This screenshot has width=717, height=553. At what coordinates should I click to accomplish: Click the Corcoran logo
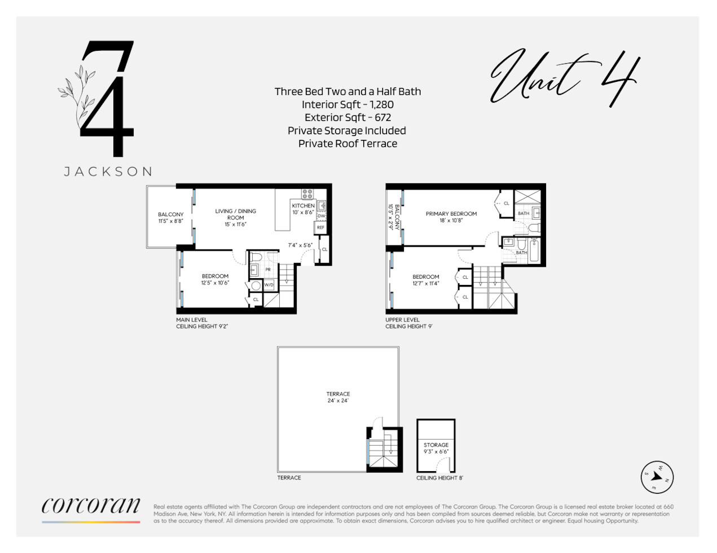pos(91,506)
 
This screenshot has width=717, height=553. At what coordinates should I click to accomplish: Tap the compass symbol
pos(657,477)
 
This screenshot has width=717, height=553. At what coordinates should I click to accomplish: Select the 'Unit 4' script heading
pos(564,79)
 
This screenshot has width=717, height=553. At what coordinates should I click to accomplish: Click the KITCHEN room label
pos(303,206)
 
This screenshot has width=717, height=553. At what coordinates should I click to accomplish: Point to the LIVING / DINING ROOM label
pos(235,214)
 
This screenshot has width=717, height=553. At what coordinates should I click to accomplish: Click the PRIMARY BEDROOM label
pos(451,214)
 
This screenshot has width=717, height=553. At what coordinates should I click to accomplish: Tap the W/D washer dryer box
pos(269,285)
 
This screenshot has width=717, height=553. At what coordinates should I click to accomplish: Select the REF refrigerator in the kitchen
pos(320,227)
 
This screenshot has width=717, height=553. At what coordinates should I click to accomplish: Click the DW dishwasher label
pos(321,216)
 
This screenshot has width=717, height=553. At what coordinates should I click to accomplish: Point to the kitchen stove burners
pos(307,194)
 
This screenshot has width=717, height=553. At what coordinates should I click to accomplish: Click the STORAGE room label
pos(436,445)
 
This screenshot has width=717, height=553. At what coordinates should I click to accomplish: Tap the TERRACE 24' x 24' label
pos(338,397)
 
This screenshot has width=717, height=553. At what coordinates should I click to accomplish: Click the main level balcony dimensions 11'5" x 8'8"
pos(170,221)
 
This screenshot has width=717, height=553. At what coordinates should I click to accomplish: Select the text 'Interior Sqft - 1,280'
pos(347,104)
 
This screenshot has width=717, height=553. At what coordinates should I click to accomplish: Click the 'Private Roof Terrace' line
pos(347,143)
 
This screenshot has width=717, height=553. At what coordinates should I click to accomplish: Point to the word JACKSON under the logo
pos(108,172)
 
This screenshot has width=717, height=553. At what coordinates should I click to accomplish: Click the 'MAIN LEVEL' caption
pos(192,319)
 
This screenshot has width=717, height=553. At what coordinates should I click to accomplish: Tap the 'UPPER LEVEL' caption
pos(402,319)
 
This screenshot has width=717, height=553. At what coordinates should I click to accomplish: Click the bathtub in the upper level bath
pos(534,251)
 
